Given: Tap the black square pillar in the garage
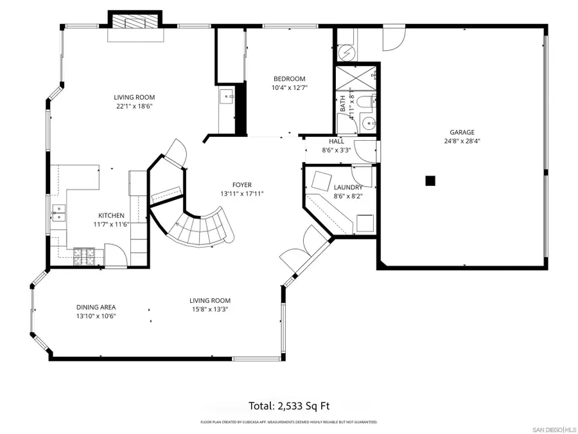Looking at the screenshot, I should [x=431, y=181].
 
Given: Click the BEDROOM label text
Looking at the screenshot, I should [x=289, y=79].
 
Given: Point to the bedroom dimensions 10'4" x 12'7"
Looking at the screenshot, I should [x=289, y=88].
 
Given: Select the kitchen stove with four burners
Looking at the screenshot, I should [x=83, y=256].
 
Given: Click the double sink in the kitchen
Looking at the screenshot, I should [x=58, y=213].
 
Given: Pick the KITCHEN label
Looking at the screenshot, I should [x=110, y=215].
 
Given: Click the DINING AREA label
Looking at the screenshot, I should [x=96, y=307].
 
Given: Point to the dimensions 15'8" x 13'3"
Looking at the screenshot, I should [x=209, y=309].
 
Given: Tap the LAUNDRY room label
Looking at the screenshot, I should [x=348, y=188].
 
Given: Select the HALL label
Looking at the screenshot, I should [x=337, y=141].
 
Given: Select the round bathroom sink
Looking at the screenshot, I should [x=367, y=122].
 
